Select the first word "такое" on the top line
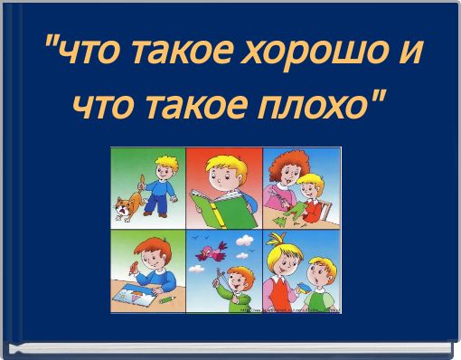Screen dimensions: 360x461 [180, 58]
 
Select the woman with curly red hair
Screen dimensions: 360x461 [289, 176]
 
